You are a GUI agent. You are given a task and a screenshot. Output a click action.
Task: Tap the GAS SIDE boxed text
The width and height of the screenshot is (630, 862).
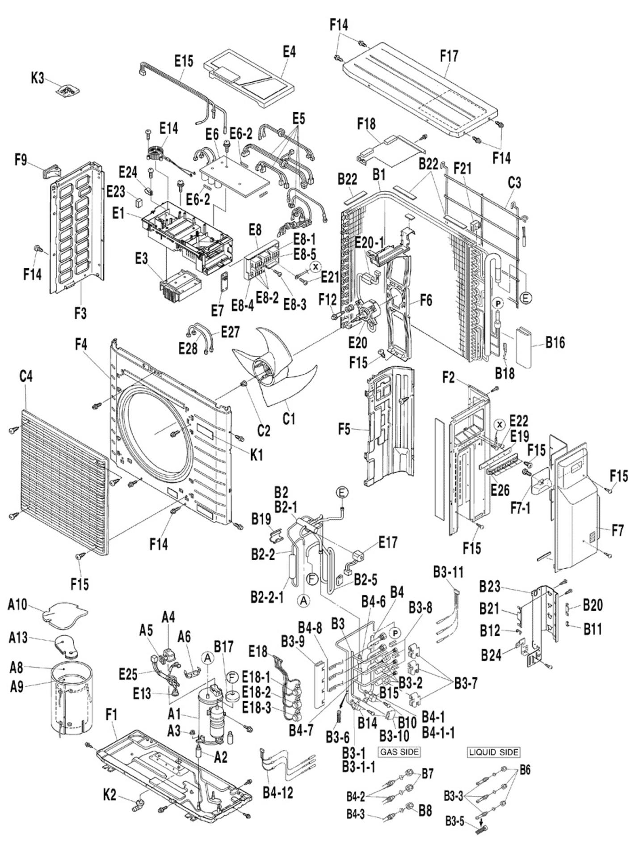click(399, 752)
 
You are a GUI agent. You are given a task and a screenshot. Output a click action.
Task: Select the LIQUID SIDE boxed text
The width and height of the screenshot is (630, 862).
click(494, 752)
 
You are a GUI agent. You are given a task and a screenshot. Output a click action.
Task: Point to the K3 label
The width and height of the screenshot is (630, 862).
click(38, 78)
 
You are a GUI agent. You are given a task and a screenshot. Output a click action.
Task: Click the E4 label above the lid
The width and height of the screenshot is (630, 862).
click(289, 52)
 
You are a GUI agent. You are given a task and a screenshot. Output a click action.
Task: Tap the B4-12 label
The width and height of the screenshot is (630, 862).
click(278, 792)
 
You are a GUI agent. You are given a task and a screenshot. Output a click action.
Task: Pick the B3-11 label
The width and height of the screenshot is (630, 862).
click(448, 572)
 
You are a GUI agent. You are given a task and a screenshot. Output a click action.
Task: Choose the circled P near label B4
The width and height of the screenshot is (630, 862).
click(395, 633)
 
